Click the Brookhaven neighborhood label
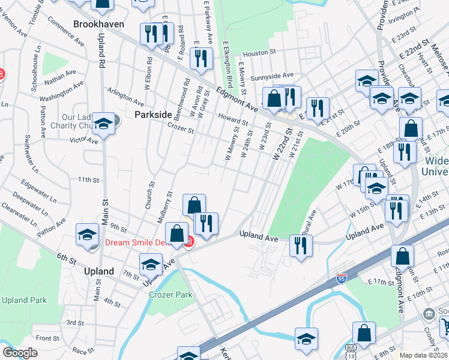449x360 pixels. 98,24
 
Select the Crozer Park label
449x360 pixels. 172,295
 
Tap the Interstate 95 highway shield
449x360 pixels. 340,278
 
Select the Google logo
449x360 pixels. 20,353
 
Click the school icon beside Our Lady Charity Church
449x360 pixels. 104,124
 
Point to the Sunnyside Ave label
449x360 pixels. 272,76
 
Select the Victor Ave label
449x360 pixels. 83,140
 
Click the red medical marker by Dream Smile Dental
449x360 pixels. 188,242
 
